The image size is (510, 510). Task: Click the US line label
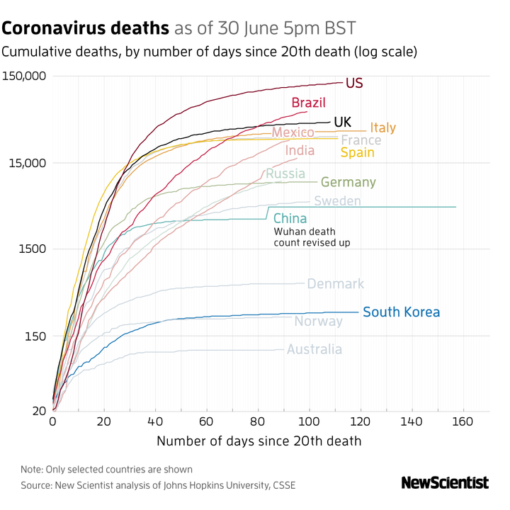354,84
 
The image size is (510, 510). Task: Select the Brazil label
308,103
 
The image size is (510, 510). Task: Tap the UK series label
342,123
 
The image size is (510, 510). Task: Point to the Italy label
382,128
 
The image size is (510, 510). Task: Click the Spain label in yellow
357,152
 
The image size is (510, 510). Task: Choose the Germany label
348,183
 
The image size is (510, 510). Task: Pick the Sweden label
337,202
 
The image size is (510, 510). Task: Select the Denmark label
335,284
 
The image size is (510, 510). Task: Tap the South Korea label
401,312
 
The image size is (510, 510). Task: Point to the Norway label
318,322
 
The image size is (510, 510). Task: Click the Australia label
314,349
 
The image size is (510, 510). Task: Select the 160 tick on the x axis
462,422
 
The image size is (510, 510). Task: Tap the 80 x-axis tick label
257,422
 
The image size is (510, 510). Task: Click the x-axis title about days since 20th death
259,441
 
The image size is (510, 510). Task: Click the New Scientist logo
445,483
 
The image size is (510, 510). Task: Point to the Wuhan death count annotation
312,237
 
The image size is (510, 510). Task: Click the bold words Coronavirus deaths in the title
85,29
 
